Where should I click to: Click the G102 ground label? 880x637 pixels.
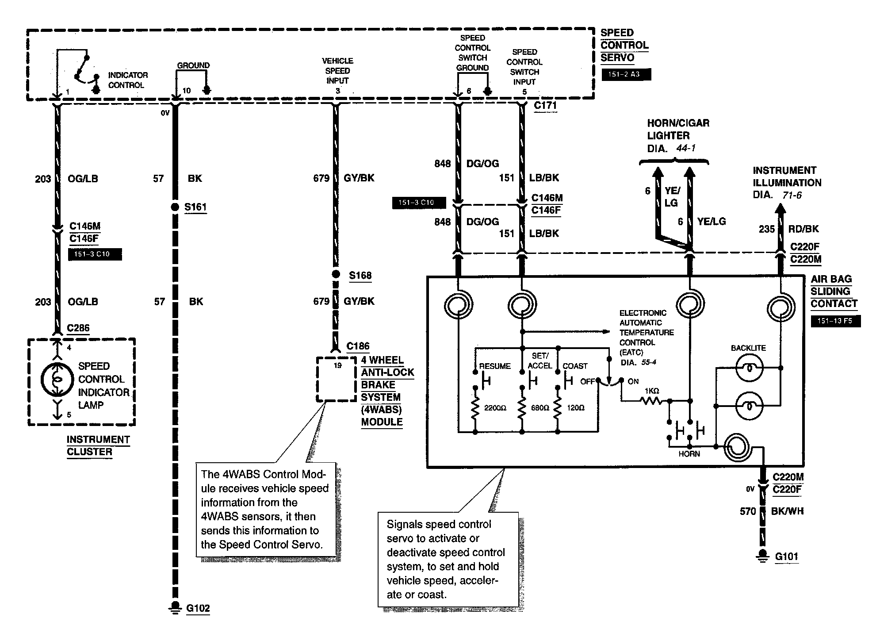pyautogui.click(x=198, y=608)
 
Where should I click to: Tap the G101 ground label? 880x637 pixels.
pyautogui.click(x=786, y=556)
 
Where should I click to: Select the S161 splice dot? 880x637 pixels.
pyautogui.click(x=175, y=207)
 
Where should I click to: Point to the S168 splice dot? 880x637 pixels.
pyautogui.click(x=336, y=275)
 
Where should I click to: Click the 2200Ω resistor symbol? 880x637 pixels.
pyautogui.click(x=475, y=408)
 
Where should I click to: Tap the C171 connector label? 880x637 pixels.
pyautogui.click(x=545, y=105)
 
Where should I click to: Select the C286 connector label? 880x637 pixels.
pyautogui.click(x=78, y=328)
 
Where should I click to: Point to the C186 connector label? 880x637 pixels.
pyautogui.click(x=358, y=346)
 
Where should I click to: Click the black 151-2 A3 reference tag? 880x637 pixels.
pyautogui.click(x=626, y=74)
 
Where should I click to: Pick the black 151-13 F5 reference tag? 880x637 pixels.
pyautogui.click(x=835, y=321)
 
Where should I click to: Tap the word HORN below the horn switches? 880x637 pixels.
pyautogui.click(x=689, y=454)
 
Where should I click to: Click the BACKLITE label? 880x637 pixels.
pyautogui.click(x=748, y=348)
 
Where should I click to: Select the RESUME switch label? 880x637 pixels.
pyautogui.click(x=495, y=366)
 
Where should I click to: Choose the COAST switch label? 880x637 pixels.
pyautogui.click(x=575, y=366)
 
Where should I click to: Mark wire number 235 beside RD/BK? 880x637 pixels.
pyautogui.click(x=767, y=229)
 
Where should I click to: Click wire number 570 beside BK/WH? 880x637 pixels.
pyautogui.click(x=748, y=511)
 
